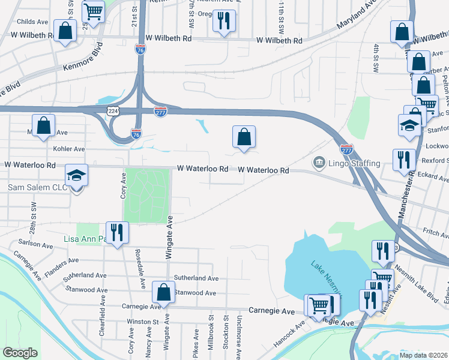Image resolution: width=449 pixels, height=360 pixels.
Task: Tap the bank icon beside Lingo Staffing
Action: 318,163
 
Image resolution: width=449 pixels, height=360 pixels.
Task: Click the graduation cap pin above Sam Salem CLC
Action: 76,175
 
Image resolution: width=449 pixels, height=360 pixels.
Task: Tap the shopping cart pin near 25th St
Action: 93,11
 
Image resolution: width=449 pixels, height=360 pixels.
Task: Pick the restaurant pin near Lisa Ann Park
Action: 116,232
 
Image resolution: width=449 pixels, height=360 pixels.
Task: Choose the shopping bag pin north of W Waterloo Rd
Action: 244,137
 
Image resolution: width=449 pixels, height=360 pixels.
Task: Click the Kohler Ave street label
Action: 69,149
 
